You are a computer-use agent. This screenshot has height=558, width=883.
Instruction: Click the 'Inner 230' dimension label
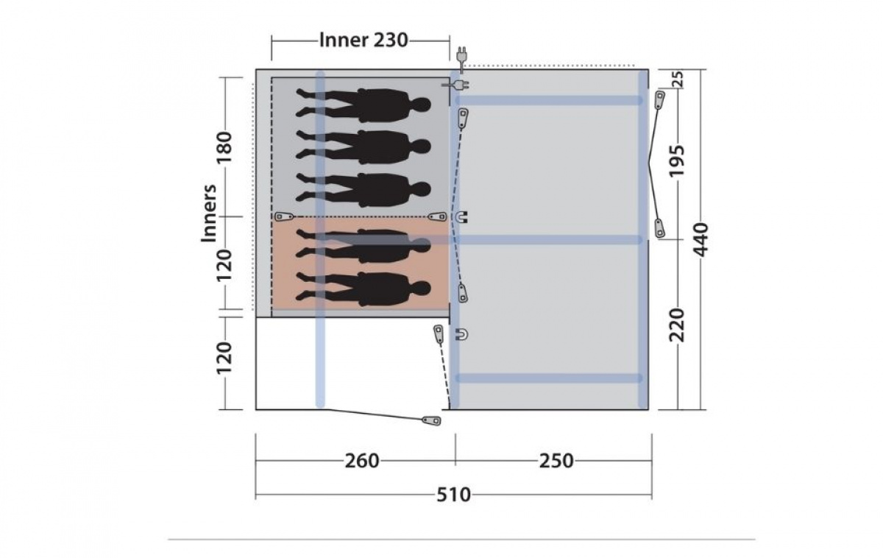click(x=364, y=40)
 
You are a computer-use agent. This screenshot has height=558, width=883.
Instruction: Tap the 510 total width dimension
click(x=453, y=495)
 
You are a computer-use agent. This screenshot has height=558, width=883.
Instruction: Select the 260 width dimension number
click(x=362, y=461)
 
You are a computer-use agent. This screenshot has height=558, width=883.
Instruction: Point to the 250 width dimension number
click(x=556, y=461)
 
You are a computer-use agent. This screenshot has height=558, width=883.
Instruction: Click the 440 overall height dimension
click(x=701, y=239)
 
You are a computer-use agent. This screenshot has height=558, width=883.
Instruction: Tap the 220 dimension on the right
click(x=677, y=325)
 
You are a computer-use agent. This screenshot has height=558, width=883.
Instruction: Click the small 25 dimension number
click(x=677, y=80)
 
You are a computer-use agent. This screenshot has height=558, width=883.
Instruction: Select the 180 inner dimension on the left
click(x=224, y=148)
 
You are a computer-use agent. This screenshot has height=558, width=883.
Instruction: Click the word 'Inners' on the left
click(x=209, y=213)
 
